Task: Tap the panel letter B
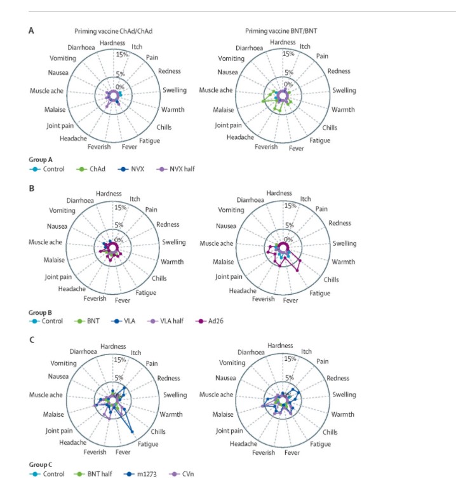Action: [31, 189]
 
